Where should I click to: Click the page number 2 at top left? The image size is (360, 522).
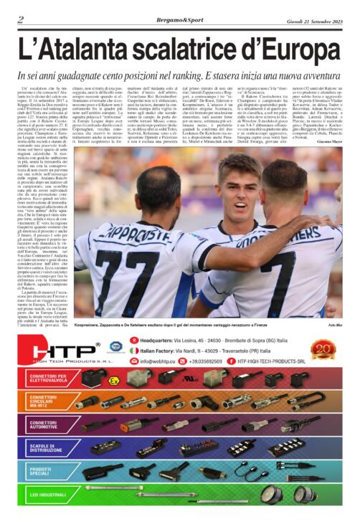[20, 19]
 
